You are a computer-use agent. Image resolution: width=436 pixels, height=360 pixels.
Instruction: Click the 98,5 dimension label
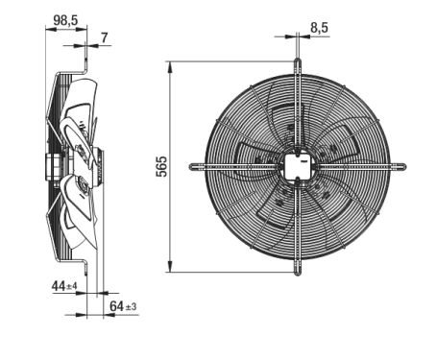(65, 21)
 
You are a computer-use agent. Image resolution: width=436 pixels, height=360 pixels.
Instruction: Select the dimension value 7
(105, 38)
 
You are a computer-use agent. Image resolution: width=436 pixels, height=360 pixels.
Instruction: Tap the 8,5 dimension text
(319, 28)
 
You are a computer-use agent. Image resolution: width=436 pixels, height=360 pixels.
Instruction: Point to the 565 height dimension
(161, 166)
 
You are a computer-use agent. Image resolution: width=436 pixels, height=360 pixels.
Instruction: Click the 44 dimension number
(59, 286)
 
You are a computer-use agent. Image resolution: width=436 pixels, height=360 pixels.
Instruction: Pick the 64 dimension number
(116, 306)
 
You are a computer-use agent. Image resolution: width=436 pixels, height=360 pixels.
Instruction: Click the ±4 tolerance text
(72, 286)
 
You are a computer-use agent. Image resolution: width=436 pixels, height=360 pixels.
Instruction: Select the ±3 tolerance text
(131, 306)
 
